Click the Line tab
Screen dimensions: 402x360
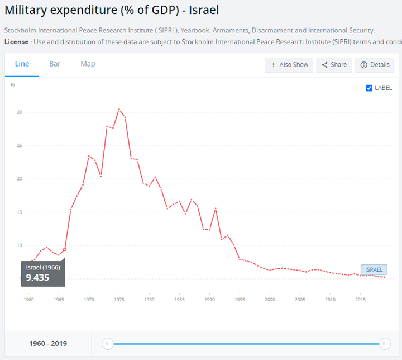click(x=22, y=64)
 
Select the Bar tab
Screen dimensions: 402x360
click(x=55, y=64)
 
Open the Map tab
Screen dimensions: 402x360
click(x=88, y=64)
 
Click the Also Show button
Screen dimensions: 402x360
click(x=289, y=65)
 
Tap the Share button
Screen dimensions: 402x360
click(x=334, y=65)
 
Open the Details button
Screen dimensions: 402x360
click(x=375, y=65)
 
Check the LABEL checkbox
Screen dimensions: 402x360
click(x=369, y=88)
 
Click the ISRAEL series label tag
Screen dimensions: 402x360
click(x=374, y=269)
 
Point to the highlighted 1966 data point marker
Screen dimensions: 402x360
click(x=65, y=249)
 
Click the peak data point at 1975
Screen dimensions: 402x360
click(x=119, y=110)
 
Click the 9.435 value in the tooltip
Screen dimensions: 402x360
click(x=37, y=278)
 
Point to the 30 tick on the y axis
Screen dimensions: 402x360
click(x=20, y=112)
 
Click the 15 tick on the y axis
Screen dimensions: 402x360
click(x=20, y=212)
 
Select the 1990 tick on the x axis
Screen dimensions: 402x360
click(x=209, y=300)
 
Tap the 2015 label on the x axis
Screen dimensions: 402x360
click(x=360, y=300)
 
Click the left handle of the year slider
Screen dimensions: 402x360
click(x=108, y=344)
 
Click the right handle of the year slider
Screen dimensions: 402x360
click(x=385, y=344)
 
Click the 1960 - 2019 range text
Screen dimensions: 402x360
click(x=48, y=344)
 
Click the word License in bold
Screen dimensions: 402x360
click(x=16, y=42)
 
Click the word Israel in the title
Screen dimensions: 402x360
click(x=204, y=10)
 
